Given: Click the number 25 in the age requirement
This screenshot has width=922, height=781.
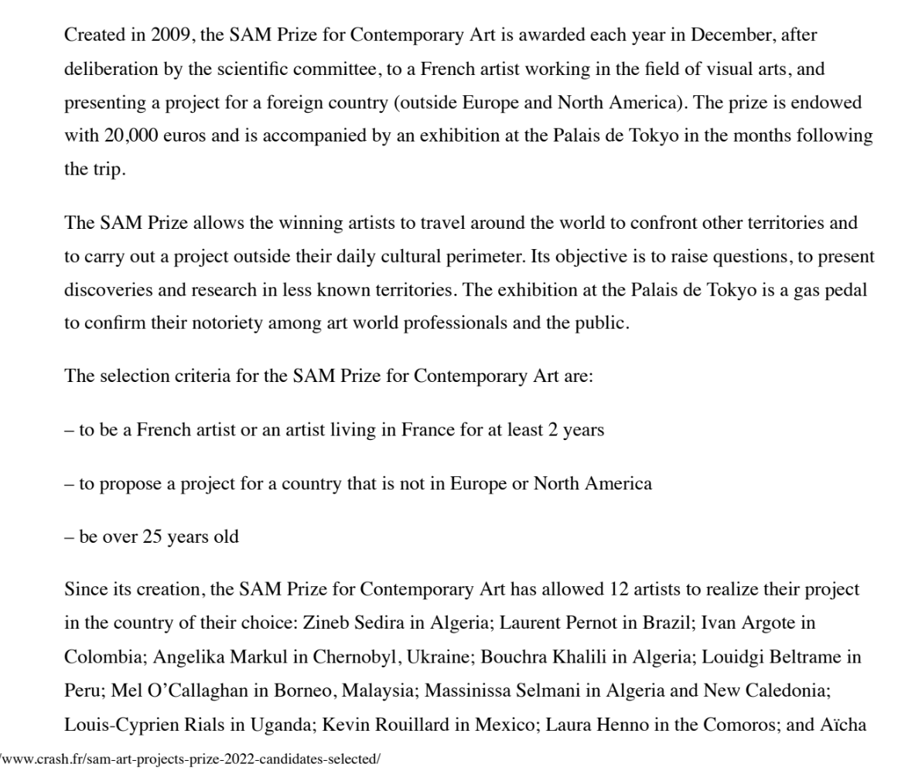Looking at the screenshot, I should [152, 537].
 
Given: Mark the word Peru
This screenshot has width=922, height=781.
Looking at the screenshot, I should [83, 691].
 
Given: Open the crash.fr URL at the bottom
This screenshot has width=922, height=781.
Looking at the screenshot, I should [190, 759].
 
